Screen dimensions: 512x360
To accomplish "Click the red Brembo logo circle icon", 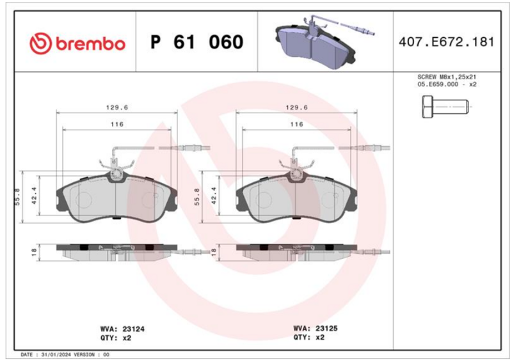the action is (40, 43).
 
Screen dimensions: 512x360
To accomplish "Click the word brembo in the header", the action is (90, 43).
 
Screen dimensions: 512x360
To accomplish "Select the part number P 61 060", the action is (197, 42).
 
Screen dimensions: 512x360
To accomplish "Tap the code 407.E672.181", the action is (446, 42).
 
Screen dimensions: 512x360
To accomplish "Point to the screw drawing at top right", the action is (445, 107).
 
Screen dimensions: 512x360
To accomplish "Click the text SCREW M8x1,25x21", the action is (447, 77).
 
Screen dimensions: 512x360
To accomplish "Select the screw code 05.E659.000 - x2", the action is (447, 84).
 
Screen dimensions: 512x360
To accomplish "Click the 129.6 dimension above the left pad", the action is (117, 107).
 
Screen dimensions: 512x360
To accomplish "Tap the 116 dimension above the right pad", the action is (296, 124).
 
